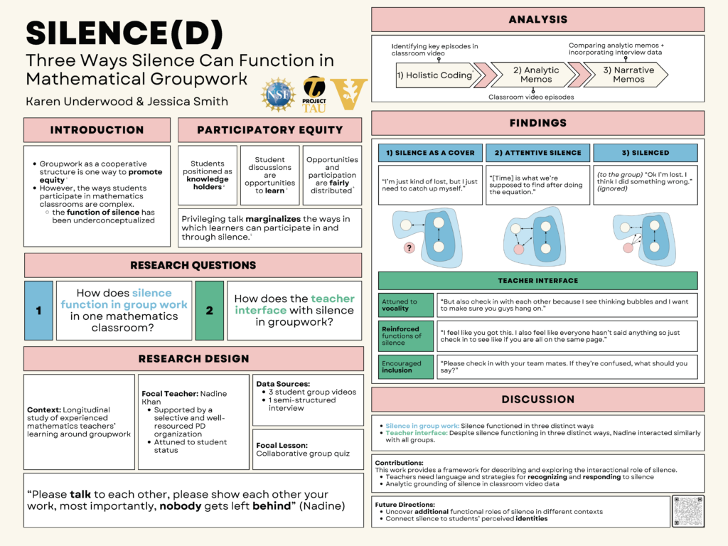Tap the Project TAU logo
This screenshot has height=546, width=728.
(315, 92)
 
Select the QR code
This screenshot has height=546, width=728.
(687, 510)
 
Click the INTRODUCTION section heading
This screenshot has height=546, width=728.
(97, 130)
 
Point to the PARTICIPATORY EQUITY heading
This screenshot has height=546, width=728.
(270, 130)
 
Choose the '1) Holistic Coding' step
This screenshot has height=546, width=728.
(434, 75)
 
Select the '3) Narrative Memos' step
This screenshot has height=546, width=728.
(628, 75)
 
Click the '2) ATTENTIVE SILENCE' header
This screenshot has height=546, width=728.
(538, 153)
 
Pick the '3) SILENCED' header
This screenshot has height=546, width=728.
(645, 153)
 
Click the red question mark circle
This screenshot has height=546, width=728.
(409, 248)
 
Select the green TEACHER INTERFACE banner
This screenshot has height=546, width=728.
(537, 280)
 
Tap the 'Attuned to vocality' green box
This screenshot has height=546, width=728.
(406, 305)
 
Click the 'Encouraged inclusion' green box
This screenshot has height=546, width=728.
(406, 366)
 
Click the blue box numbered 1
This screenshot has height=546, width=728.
(38, 311)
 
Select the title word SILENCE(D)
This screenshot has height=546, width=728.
(124, 33)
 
